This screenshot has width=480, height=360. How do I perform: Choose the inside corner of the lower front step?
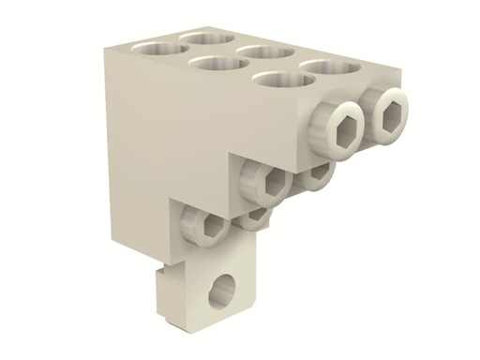[x=172, y=198]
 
